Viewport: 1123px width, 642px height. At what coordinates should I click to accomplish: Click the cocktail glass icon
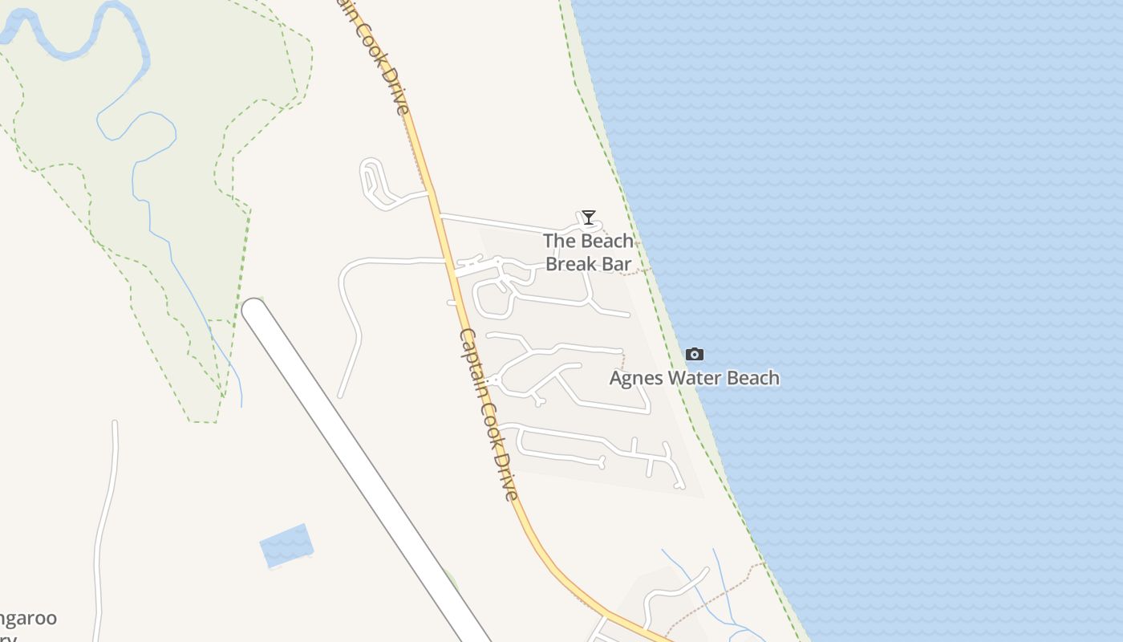click(x=589, y=217)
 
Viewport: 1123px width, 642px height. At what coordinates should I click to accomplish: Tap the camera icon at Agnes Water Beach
click(x=695, y=354)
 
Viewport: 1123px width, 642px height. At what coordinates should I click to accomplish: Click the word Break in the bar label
click(x=571, y=263)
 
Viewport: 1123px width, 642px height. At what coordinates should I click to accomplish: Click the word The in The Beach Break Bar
click(x=559, y=241)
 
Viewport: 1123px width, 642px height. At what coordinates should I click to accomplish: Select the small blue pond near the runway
click(x=286, y=546)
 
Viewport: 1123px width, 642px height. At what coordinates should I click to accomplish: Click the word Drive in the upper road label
click(x=395, y=96)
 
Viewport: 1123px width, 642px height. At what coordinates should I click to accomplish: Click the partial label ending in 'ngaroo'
click(x=28, y=619)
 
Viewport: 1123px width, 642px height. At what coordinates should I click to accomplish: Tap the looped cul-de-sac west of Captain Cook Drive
click(x=372, y=181)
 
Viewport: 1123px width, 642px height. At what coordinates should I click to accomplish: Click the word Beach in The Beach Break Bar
click(x=607, y=241)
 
